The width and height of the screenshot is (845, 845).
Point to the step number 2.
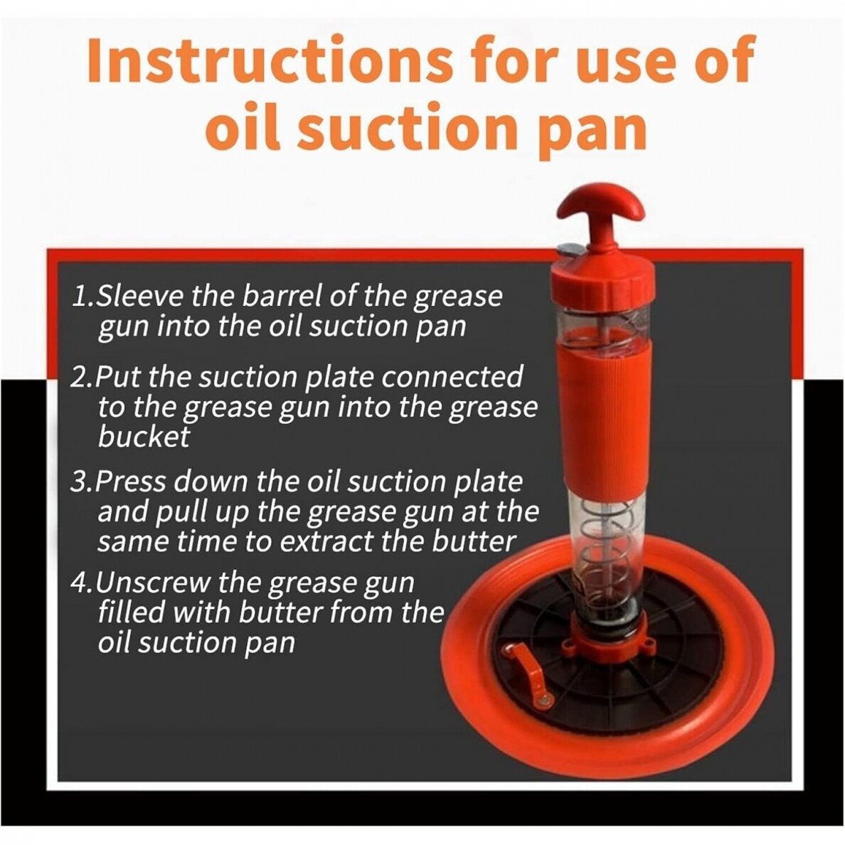click(79, 377)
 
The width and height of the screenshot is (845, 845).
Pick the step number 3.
click(79, 482)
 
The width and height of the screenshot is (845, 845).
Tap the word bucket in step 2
click(144, 437)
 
